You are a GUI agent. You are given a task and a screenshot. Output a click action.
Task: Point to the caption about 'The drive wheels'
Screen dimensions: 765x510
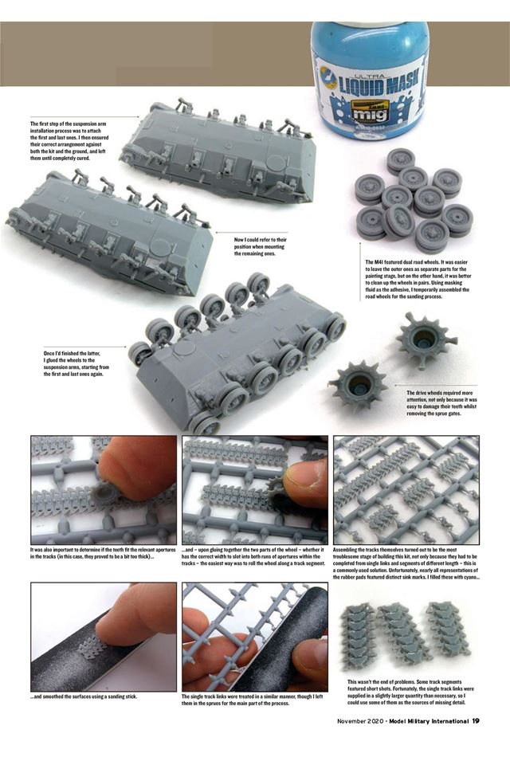[x=440, y=404]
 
